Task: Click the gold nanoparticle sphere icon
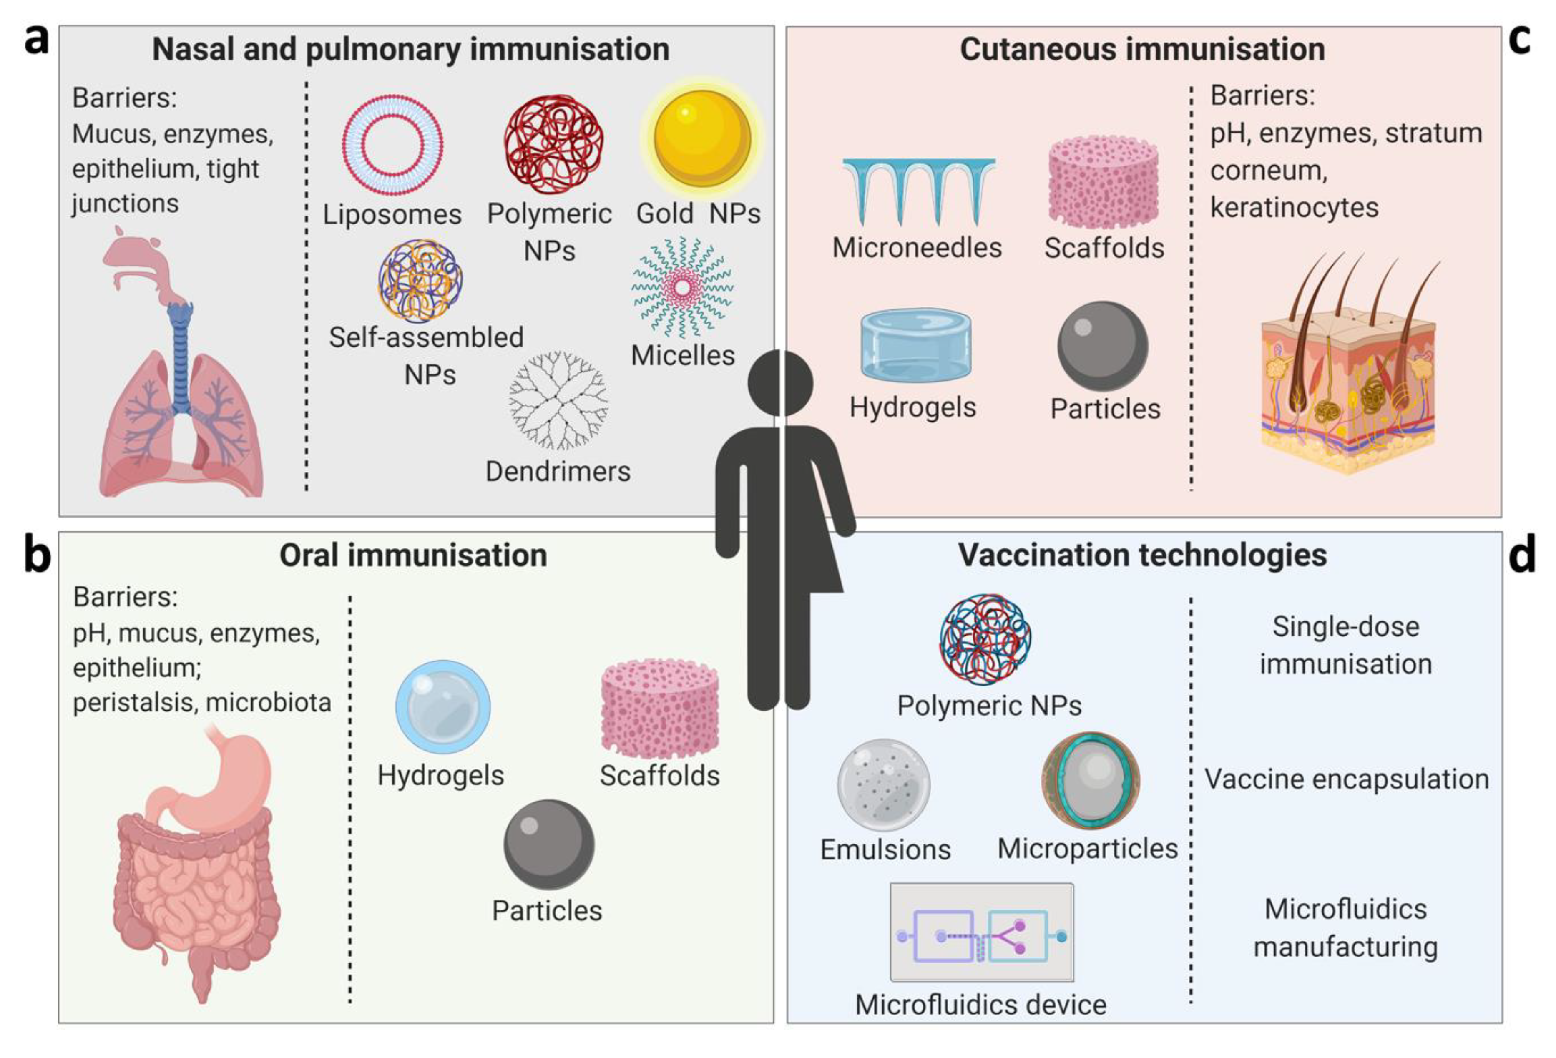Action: tap(701, 138)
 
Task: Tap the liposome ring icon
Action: tap(392, 144)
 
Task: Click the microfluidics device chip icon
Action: tap(982, 932)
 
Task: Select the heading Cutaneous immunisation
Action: tap(1142, 50)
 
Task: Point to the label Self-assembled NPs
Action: tap(427, 355)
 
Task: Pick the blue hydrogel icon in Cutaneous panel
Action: tap(916, 346)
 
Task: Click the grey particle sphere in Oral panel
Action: tap(549, 844)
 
